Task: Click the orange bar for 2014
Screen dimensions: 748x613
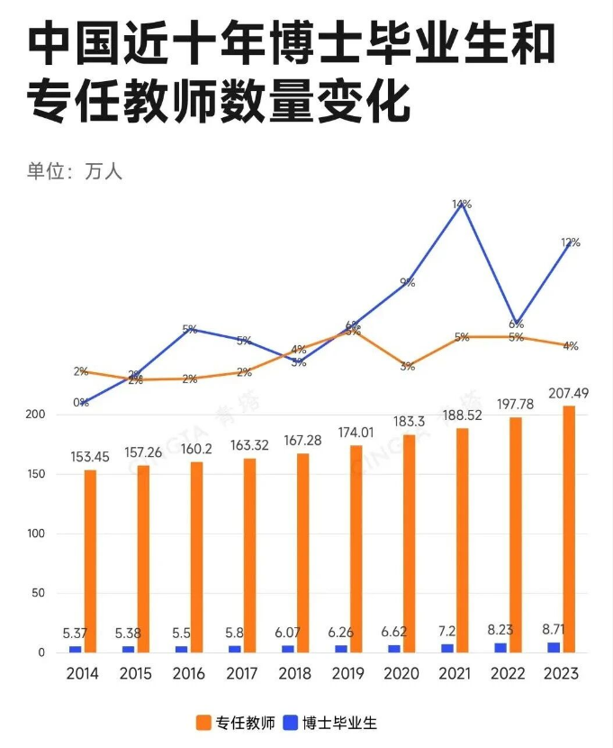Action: tap(90, 561)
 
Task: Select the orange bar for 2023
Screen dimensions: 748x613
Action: tap(569, 529)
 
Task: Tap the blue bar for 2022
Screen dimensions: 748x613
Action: tap(501, 647)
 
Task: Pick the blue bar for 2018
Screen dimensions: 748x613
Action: tap(288, 649)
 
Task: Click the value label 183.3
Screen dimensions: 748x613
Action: tap(409, 422)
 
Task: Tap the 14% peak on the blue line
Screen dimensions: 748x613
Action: tap(462, 205)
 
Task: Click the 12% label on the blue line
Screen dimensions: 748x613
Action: tap(570, 242)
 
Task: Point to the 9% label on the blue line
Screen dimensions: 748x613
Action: tap(408, 282)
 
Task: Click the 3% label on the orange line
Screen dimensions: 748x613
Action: tap(408, 366)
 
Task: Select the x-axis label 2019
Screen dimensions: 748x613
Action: tap(349, 674)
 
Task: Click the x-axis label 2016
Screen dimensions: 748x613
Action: tap(189, 674)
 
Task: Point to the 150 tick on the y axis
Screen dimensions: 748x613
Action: tap(34, 474)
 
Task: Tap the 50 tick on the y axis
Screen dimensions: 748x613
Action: tap(38, 593)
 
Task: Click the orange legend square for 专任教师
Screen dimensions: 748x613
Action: tap(202, 722)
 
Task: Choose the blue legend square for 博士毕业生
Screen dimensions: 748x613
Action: tap(290, 722)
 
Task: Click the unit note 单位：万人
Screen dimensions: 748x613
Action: tap(74, 171)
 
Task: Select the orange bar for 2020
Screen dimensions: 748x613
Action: tap(409, 543)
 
